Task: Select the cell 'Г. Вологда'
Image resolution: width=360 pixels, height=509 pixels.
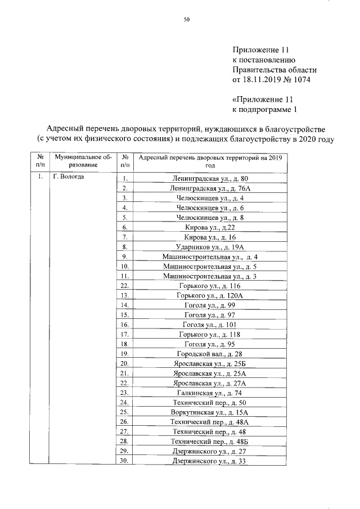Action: [69, 177]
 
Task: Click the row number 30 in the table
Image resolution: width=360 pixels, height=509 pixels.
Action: [125, 461]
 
